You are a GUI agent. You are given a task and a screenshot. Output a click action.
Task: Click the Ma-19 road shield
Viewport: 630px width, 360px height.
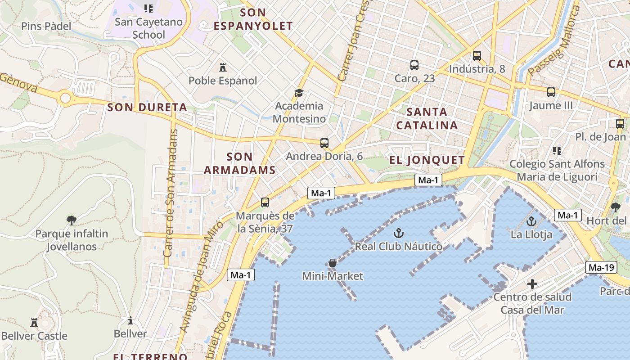click(x=601, y=268)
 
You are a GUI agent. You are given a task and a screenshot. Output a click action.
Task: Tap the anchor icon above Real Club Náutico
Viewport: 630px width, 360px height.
click(x=398, y=233)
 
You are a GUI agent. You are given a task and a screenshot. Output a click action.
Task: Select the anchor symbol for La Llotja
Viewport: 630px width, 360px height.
click(x=532, y=221)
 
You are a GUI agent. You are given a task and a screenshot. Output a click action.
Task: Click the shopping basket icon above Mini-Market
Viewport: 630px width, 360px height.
click(x=333, y=263)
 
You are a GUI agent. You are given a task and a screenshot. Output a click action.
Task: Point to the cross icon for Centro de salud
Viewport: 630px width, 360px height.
click(x=532, y=284)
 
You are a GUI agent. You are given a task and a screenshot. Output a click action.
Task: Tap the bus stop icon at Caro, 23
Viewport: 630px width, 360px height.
click(x=414, y=65)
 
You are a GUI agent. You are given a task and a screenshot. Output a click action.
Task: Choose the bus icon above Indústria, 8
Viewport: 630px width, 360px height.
click(x=477, y=56)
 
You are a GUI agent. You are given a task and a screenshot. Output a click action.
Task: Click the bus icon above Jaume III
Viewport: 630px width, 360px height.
click(x=551, y=93)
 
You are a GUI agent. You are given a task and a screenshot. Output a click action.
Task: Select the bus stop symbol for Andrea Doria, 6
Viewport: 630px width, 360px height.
click(x=324, y=144)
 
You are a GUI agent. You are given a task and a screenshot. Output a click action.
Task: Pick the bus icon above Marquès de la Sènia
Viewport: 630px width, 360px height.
click(x=265, y=203)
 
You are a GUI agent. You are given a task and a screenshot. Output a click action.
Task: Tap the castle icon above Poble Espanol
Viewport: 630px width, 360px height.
click(x=222, y=67)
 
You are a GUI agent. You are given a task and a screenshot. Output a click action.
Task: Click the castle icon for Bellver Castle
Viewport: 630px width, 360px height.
click(x=34, y=323)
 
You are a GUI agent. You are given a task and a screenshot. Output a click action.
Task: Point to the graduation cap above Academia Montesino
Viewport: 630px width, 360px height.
click(x=299, y=93)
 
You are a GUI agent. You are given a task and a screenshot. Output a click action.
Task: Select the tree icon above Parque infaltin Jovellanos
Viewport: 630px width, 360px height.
click(x=71, y=220)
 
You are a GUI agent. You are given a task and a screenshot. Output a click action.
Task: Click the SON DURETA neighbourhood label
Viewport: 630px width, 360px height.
click(x=147, y=108)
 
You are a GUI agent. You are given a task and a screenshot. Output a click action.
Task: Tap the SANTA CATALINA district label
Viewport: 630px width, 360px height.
click(x=427, y=118)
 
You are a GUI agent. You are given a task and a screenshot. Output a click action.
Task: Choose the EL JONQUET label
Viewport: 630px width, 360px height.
click(x=427, y=160)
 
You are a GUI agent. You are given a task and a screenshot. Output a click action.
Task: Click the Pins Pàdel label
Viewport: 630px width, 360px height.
click(x=46, y=26)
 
